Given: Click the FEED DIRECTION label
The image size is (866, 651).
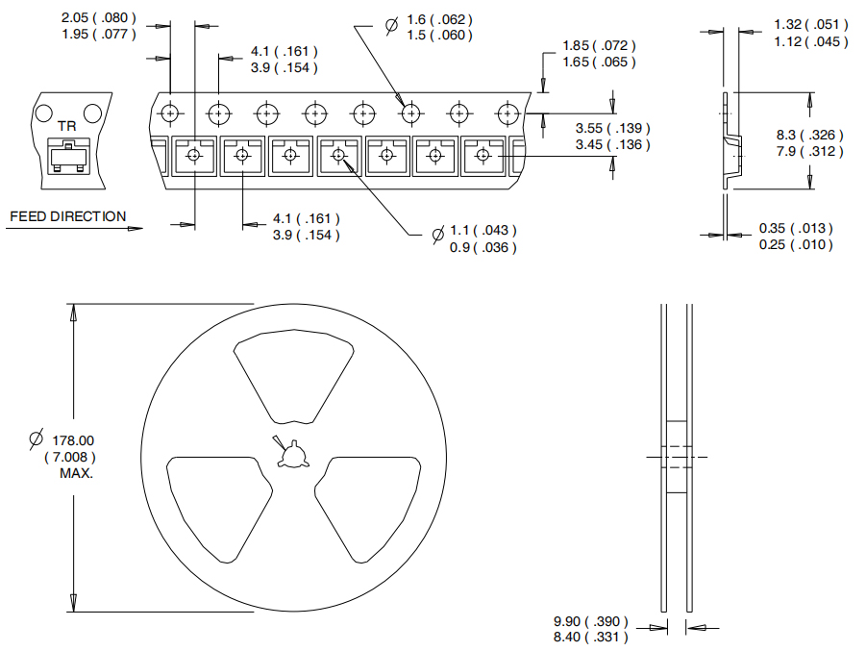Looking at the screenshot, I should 67,216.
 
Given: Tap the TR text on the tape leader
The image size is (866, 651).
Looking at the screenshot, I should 67,126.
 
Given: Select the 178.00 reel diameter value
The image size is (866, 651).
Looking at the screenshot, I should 73,440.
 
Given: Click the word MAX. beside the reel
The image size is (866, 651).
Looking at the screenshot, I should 76,474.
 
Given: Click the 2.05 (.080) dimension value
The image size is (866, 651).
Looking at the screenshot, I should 99,18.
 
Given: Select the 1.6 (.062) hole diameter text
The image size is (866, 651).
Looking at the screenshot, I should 439,19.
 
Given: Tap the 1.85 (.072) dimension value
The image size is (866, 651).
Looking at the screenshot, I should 599,45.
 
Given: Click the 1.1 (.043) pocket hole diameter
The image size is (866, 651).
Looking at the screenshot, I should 483,231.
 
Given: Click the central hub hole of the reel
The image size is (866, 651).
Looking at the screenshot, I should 292,456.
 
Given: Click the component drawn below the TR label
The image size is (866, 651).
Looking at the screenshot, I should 68,157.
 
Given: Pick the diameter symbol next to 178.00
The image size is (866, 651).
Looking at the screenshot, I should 36,439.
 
